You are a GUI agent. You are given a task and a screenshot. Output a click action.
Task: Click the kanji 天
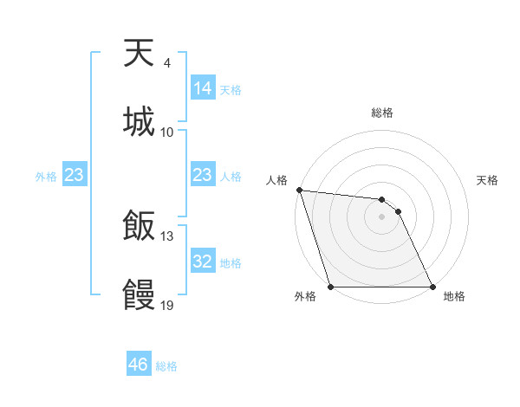[140, 54]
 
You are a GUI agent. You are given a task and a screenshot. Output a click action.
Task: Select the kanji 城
[140, 121]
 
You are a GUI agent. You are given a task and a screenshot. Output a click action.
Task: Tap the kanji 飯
[140, 226]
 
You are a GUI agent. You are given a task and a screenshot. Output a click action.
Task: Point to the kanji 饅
[140, 294]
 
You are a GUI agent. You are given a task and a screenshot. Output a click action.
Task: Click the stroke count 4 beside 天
[166, 63]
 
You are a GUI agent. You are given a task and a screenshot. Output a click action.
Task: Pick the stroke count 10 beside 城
[167, 132]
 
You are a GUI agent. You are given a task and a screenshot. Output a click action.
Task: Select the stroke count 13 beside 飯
[167, 236]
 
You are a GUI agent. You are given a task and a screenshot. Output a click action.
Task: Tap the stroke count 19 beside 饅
[167, 305]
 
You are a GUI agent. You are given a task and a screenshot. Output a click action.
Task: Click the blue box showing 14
[203, 88]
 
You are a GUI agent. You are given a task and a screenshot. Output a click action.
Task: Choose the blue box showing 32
[203, 262]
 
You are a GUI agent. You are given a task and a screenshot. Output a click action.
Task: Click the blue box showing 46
[139, 365]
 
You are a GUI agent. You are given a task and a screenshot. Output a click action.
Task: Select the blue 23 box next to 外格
[75, 175]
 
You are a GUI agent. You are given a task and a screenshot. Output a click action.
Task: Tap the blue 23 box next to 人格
[203, 175]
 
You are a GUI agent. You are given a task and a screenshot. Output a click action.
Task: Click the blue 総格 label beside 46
[166, 366]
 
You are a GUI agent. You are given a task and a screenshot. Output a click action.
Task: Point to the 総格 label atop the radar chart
[382, 113]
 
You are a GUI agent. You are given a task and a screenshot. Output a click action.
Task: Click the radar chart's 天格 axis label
[488, 181]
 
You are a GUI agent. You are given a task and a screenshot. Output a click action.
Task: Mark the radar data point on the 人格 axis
[299, 190]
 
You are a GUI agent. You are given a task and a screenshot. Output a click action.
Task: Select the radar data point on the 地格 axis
[432, 287]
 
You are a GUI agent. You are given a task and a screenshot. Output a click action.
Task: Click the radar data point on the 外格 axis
[331, 287]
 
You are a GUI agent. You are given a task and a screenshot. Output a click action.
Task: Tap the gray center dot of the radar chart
[381, 216]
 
